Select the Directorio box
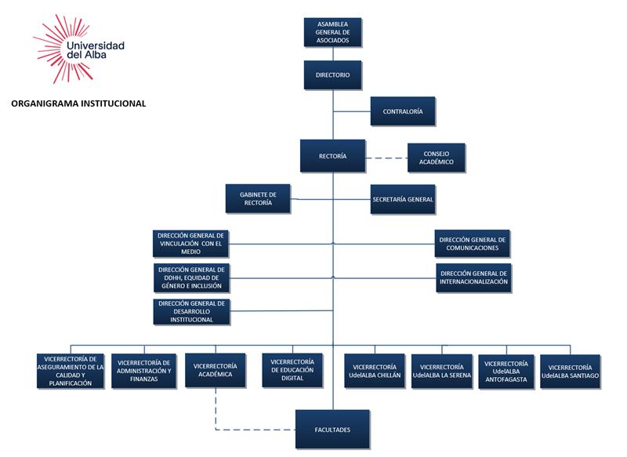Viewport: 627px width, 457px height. pos(333,75)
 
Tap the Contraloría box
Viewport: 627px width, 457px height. pos(403,111)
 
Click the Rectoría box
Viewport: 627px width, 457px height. pos(333,156)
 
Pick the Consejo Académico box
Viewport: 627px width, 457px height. pos(437,158)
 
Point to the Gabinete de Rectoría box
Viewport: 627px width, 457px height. pos(258,198)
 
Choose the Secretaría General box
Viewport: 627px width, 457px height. pos(402,199)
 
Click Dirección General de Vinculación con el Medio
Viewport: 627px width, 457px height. pos(191,243)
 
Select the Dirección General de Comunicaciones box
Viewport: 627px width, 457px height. pos(473,243)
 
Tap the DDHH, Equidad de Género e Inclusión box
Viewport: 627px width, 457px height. pos(191,277)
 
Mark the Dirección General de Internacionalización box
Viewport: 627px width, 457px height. pos(473,277)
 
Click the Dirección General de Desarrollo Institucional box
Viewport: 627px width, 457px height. pos(191,311)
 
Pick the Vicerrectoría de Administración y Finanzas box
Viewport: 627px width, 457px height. pos(144,371)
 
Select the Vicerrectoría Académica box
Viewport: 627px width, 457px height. pos(213,371)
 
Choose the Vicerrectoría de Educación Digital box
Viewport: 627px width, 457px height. pos(292,371)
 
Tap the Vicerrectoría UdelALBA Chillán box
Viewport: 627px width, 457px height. pos(374,371)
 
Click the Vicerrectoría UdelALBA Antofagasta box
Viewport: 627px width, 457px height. pos(506,371)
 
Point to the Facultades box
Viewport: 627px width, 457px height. pos(334,430)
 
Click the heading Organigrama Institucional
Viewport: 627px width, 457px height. pos(78,103)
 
